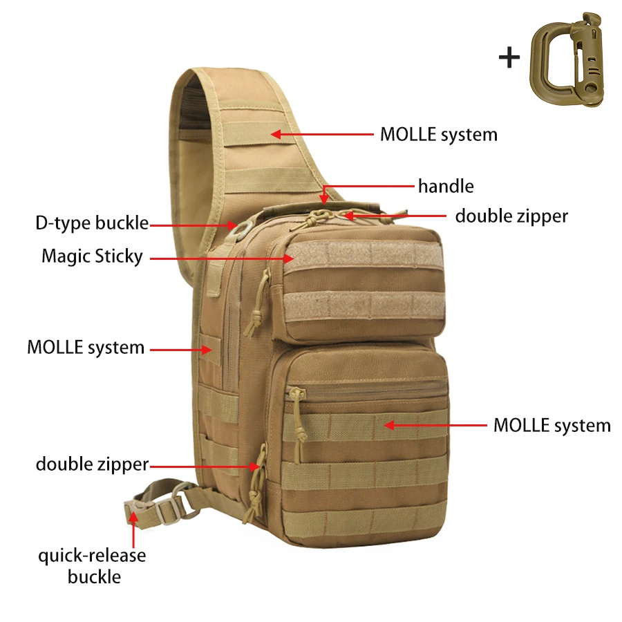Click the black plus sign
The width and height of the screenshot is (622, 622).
click(509, 57)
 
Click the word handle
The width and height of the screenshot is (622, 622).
click(446, 186)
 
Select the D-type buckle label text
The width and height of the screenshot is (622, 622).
click(92, 223)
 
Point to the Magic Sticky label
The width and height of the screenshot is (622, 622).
click(92, 256)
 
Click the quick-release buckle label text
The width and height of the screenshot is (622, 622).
click(92, 565)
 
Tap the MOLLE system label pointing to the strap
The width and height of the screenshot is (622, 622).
click(439, 135)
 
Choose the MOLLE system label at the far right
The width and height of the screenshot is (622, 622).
click(552, 425)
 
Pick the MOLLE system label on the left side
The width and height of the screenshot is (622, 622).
click(86, 348)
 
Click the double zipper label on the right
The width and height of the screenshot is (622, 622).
click(511, 216)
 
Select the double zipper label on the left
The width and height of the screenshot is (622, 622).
click(92, 464)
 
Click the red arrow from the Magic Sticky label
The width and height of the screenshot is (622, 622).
click(222, 258)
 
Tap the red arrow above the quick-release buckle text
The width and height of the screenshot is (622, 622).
click(133, 530)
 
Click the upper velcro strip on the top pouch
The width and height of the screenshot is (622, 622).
click(364, 253)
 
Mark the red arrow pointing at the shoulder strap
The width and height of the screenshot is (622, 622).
click(322, 135)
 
